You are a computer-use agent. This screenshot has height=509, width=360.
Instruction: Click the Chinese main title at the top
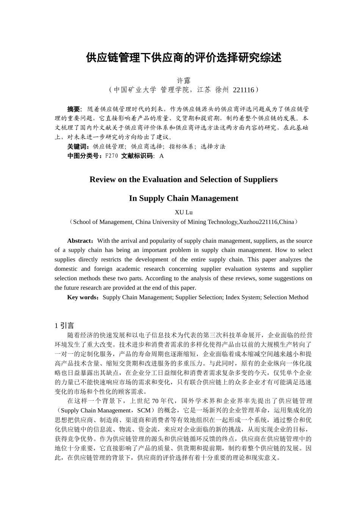click(184, 58)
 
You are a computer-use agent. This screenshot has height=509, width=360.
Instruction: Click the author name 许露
click(184, 81)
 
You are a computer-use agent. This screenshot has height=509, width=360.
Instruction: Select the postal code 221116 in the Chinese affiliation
click(243, 90)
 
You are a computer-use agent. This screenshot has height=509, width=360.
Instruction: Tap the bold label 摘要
click(74, 109)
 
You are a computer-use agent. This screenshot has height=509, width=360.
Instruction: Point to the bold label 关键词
click(78, 147)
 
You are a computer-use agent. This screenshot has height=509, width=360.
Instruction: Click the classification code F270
click(111, 156)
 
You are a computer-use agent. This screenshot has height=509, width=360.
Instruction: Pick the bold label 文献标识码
click(137, 156)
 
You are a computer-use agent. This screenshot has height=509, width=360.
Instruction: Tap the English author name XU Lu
click(184, 212)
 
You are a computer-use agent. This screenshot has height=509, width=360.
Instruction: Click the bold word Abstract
click(80, 241)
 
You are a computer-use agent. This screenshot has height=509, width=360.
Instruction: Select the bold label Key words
click(83, 297)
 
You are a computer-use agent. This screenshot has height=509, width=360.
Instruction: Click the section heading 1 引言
click(64, 326)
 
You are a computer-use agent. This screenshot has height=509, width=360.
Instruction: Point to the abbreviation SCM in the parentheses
click(144, 411)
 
